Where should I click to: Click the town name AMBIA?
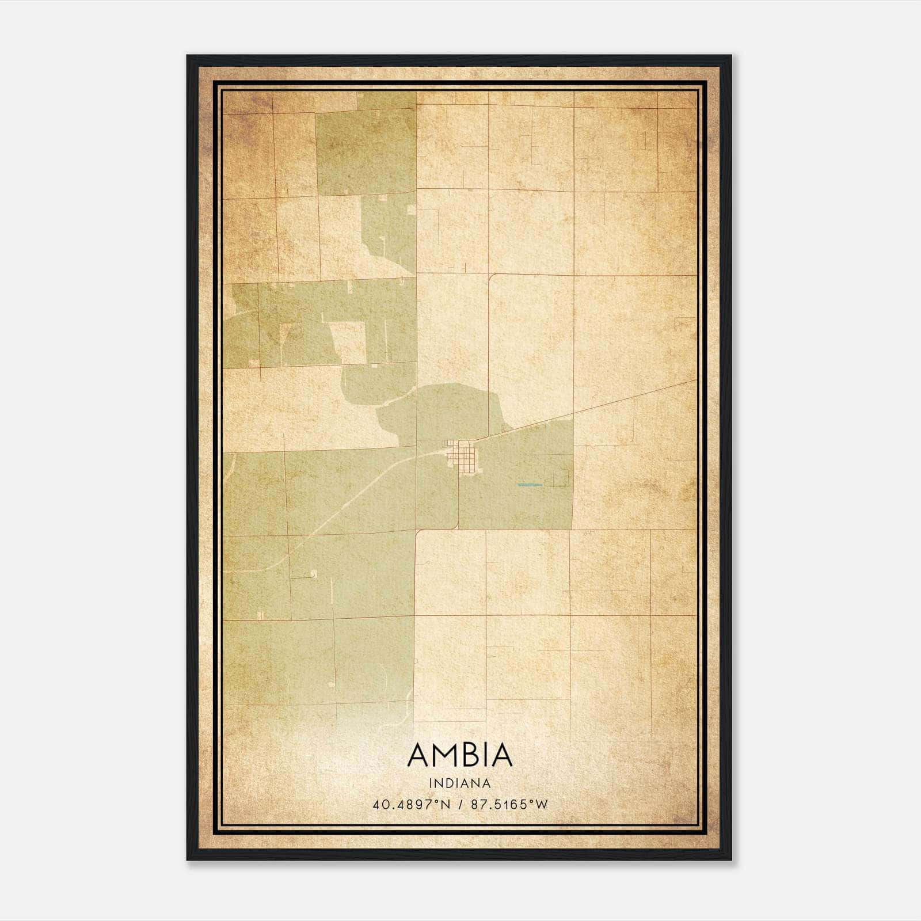point(460,755)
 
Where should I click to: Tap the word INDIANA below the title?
point(460,783)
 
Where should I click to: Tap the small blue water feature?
point(530,485)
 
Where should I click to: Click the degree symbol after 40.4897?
point(437,801)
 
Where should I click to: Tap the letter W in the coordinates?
point(542,805)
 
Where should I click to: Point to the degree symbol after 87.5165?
point(532,801)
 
